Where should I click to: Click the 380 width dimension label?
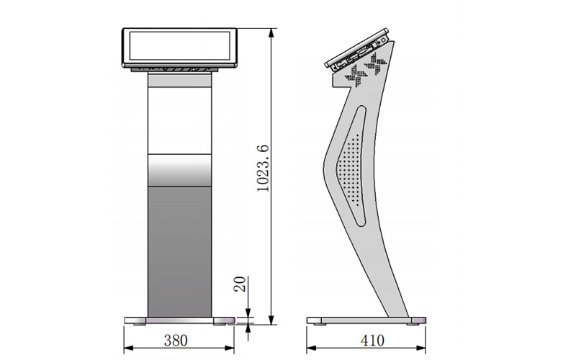tap(176, 341)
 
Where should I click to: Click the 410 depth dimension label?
tap(372, 341)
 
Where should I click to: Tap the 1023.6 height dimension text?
tap(263, 168)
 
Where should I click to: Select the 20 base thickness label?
tap(240, 284)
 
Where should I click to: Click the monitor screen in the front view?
tap(179, 46)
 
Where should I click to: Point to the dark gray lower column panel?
tap(179, 252)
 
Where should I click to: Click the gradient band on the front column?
tap(179, 171)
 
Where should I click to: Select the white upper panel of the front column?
tap(179, 121)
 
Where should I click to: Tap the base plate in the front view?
tap(179, 320)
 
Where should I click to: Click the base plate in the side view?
tap(366, 320)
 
